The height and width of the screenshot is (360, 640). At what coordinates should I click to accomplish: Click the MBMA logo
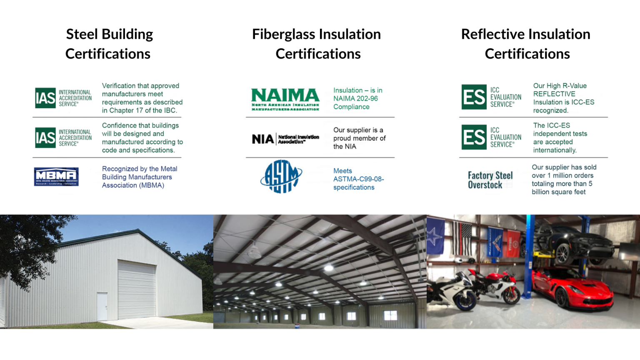[56, 177]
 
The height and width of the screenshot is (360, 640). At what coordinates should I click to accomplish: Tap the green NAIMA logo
[285, 99]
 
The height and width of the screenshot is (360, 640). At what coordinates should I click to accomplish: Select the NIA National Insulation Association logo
[285, 139]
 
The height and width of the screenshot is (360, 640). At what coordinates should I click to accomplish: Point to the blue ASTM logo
[281, 177]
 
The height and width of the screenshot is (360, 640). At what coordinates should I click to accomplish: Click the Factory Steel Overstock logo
[490, 180]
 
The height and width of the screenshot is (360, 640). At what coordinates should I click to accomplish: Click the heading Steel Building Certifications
[109, 44]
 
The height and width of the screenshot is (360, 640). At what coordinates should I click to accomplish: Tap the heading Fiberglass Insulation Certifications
[317, 44]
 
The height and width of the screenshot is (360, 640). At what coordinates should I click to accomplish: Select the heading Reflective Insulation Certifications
[526, 44]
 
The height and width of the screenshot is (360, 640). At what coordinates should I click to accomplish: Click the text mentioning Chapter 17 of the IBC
[142, 98]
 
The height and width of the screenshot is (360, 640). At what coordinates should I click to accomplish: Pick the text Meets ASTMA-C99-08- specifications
[358, 179]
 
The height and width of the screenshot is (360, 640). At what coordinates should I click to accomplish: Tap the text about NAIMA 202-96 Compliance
[357, 98]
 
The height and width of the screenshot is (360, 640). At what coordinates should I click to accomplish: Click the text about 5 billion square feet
[564, 180]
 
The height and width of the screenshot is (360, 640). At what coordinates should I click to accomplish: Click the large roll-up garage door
[132, 289]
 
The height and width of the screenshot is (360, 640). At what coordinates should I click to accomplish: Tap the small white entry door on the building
[102, 306]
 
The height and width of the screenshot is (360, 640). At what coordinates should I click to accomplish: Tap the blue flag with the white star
[436, 236]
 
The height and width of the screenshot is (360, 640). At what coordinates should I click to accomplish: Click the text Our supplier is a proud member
[359, 138]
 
